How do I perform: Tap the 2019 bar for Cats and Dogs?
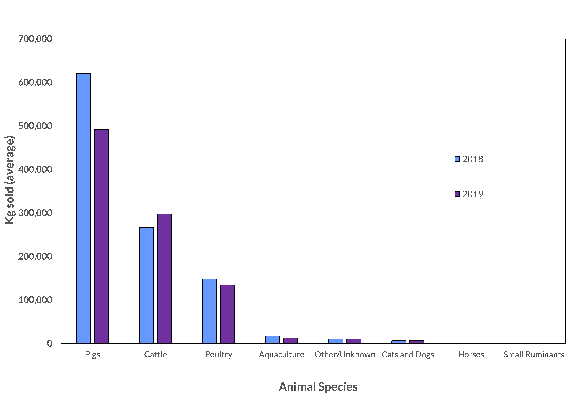(417, 342)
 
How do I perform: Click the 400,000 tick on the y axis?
(35, 169)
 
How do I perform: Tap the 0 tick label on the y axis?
(49, 343)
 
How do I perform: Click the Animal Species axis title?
(318, 387)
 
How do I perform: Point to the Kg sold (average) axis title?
(10, 180)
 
